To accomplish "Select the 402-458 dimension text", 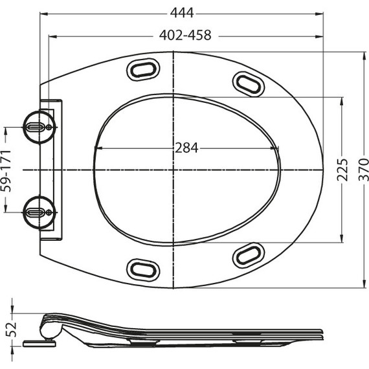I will coord(185,36).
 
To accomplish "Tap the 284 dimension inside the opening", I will coord(187,148).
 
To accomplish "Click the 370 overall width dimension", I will coord(364,170).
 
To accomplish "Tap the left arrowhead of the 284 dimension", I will coord(97,148).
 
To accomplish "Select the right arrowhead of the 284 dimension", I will coord(276,148).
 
